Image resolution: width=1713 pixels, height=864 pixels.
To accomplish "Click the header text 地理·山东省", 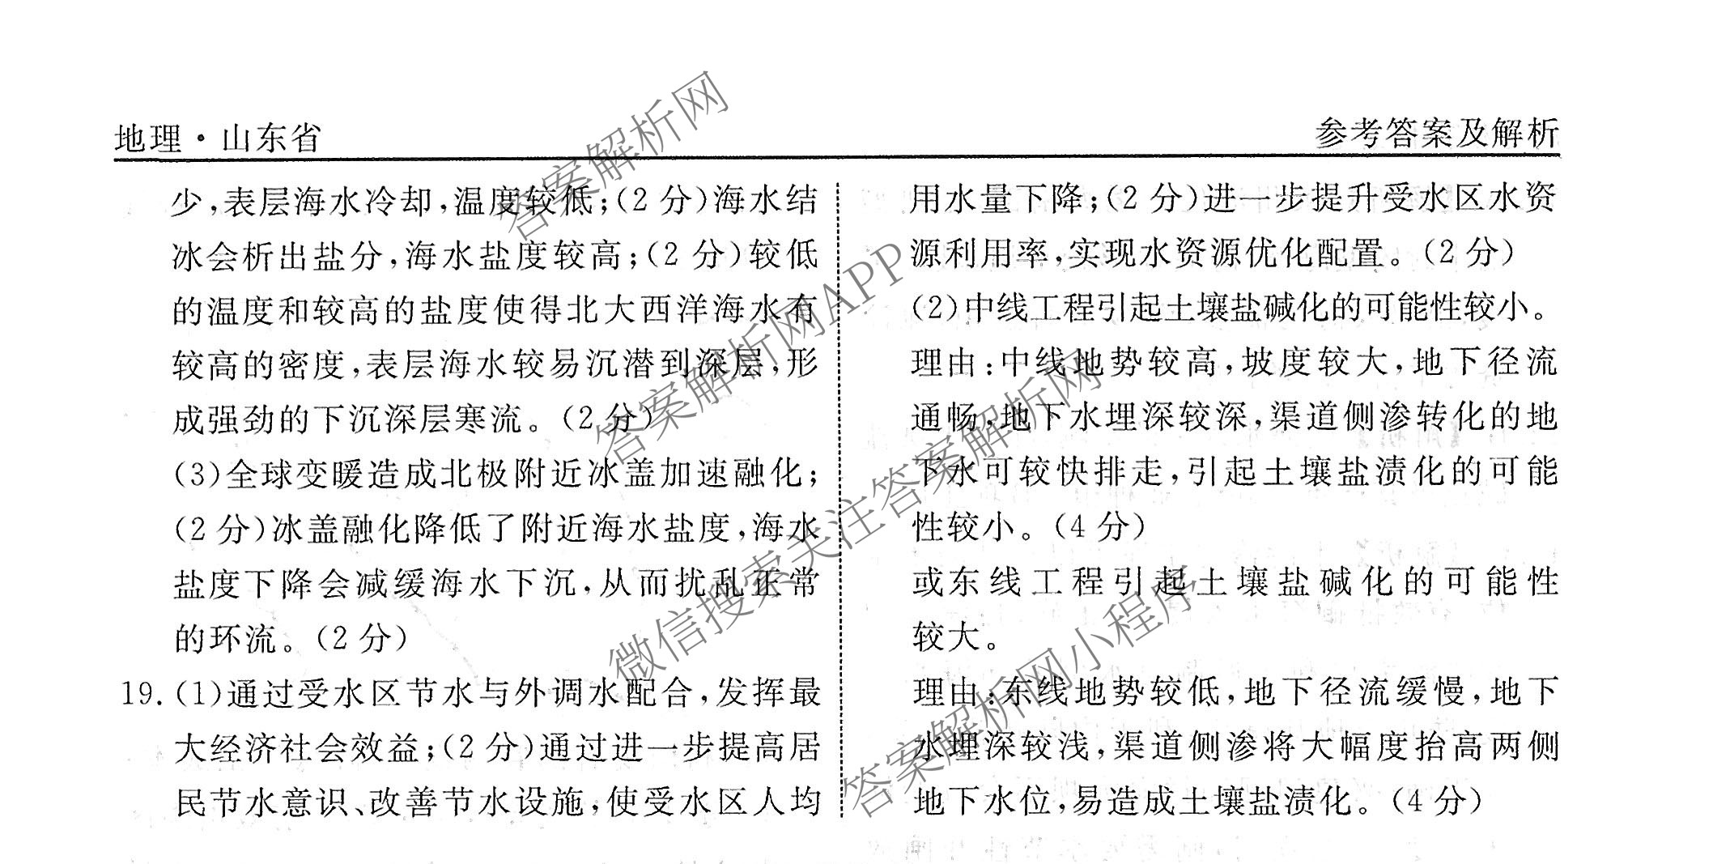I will (218, 138).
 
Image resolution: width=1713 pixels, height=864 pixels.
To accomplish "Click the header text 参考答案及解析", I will (1436, 134).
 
